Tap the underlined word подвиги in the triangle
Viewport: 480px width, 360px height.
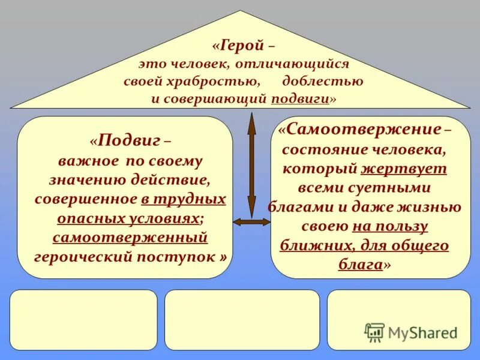pos(300,98)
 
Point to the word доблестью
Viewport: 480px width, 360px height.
pos(327,80)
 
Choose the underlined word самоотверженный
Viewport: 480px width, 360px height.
pos(130,238)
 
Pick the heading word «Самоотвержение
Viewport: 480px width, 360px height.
pos(362,130)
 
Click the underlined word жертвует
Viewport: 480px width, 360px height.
pos(413,169)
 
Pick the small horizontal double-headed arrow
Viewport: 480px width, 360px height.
pos(251,222)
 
